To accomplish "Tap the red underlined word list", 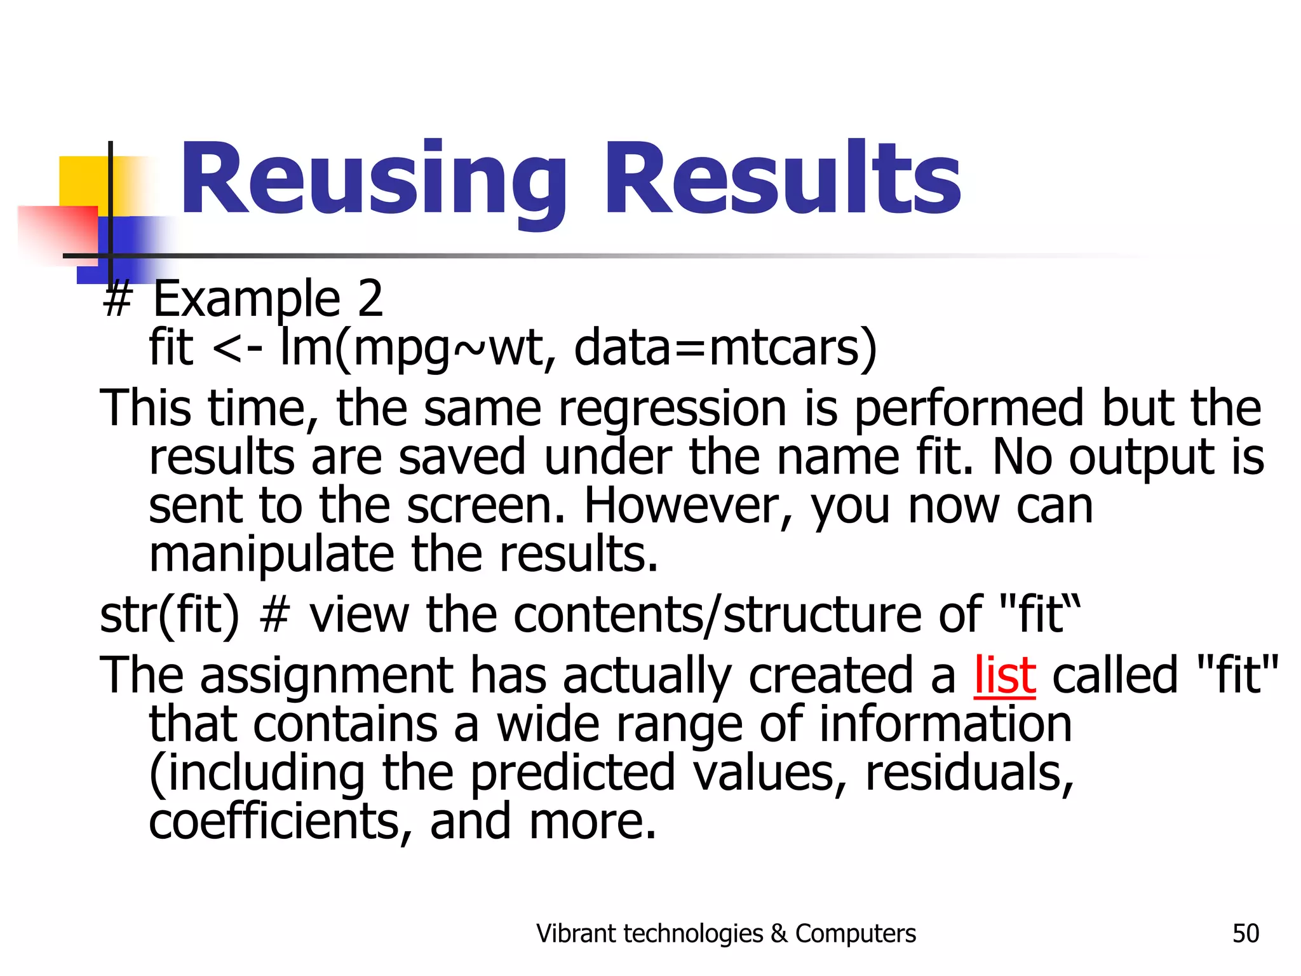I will [x=1004, y=675].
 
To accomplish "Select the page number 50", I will [x=1245, y=933].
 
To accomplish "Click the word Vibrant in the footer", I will [x=576, y=933].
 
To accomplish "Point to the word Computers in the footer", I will [x=855, y=933].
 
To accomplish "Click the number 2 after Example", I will [x=370, y=298].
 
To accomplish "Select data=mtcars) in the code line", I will [x=725, y=348].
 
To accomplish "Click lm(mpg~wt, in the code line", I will [x=413, y=348].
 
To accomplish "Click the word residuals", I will [x=969, y=773].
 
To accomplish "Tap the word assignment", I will [x=327, y=675].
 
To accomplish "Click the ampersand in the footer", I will [x=778, y=933].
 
